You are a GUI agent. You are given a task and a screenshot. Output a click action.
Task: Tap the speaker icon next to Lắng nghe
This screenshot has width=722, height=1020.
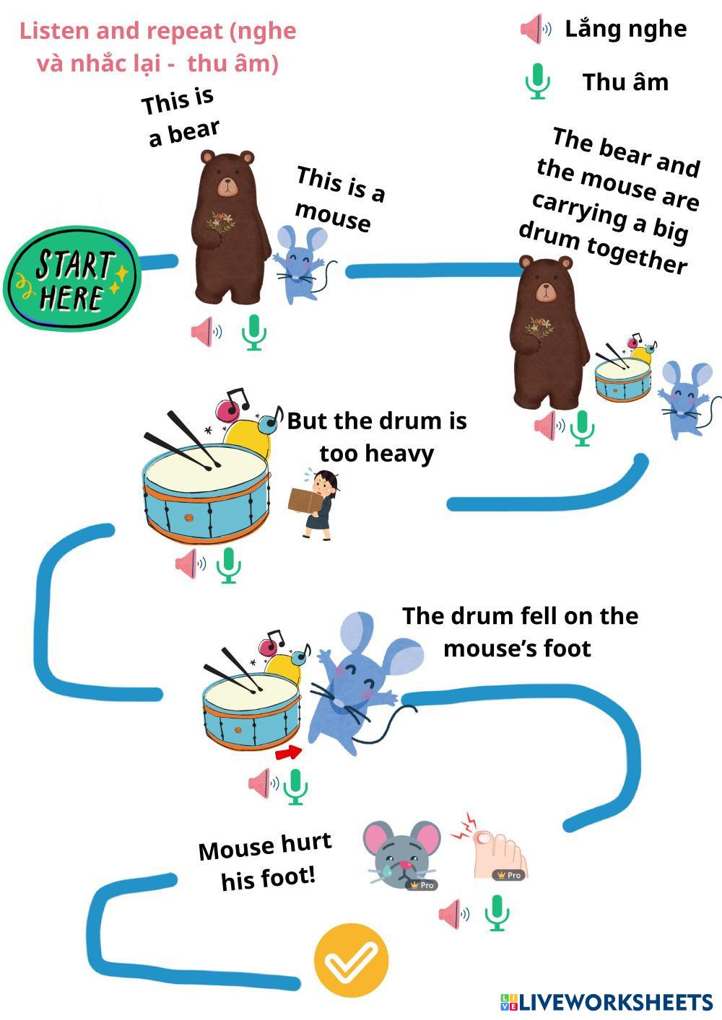[535, 30]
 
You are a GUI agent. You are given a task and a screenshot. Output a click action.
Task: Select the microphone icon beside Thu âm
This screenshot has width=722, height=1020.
[536, 81]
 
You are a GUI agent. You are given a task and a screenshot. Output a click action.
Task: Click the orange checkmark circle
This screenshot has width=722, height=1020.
[351, 961]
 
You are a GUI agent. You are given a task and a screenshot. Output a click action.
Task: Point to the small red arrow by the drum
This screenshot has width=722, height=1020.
[288, 753]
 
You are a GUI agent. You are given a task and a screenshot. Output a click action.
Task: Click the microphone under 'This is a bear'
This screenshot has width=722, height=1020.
[253, 333]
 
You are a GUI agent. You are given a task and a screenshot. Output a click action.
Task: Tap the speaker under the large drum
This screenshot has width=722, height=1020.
[189, 563]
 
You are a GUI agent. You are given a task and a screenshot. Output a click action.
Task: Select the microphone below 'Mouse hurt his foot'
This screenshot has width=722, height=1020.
[496, 913]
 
